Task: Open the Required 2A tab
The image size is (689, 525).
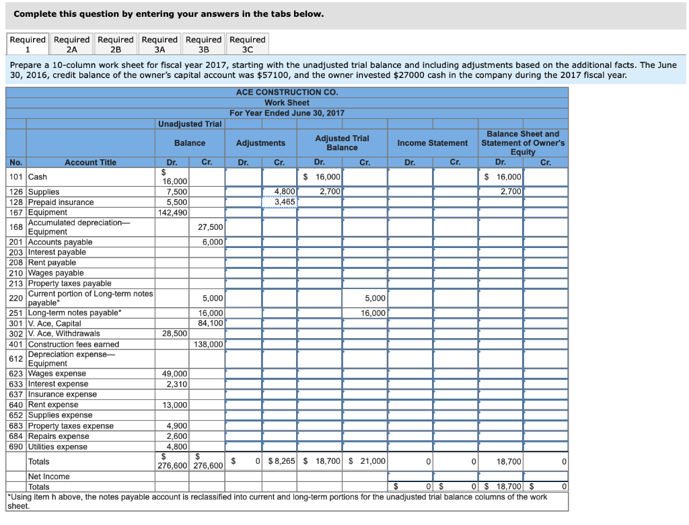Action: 72,44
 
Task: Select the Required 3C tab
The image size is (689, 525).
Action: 248,44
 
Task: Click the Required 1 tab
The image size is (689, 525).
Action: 28,44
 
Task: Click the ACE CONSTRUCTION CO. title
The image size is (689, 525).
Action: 287,92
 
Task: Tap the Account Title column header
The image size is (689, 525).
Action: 90,163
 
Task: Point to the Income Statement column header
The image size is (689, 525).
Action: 432,143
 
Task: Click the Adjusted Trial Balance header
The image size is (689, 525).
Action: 342,143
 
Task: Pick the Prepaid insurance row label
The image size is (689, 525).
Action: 61,202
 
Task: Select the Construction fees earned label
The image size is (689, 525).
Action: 73,344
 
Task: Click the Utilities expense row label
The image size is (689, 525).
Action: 58,447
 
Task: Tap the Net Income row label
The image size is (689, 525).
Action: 48,477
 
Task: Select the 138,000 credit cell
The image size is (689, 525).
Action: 208,344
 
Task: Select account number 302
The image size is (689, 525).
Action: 16,334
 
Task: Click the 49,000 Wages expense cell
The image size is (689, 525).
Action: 174,374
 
